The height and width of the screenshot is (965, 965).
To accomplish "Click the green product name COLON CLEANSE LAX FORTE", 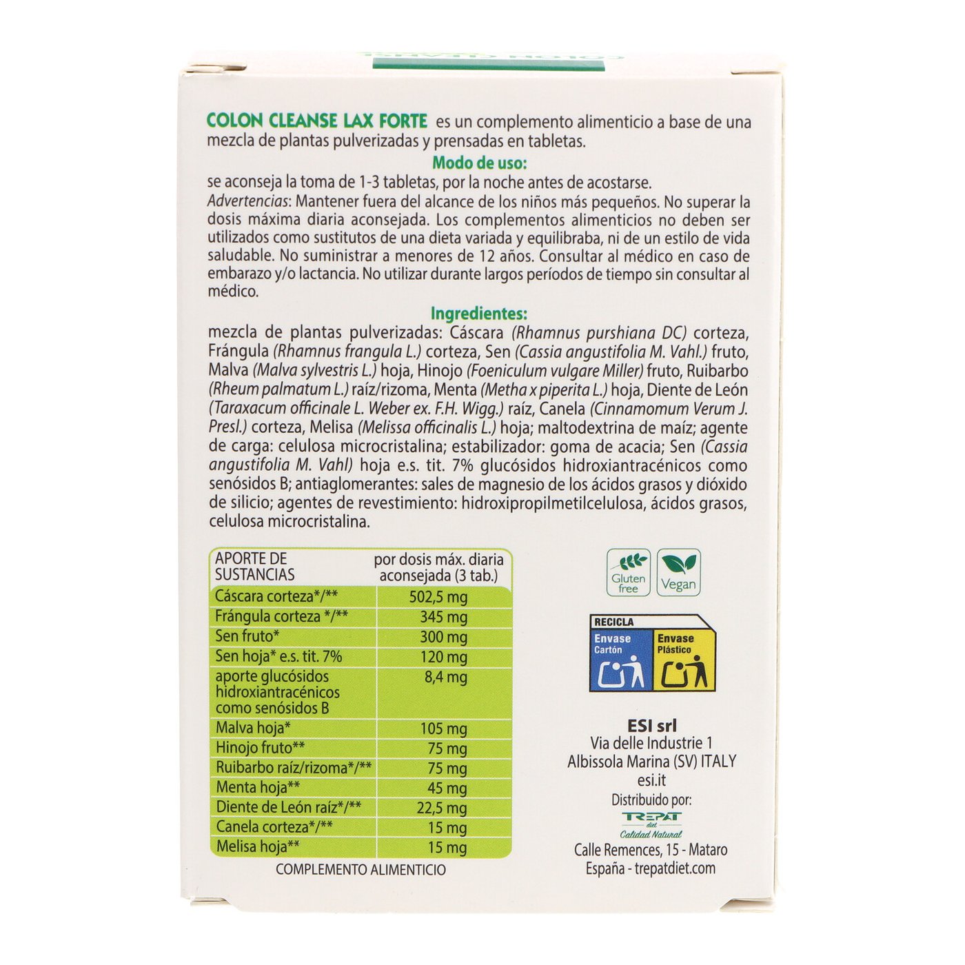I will coord(317,121).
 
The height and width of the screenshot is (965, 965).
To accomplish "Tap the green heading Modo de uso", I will coord(479,163).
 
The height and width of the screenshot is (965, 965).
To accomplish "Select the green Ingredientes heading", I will coord(478,314).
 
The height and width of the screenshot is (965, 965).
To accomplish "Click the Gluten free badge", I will coord(628,572).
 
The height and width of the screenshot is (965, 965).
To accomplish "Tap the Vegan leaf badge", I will coord(678,572).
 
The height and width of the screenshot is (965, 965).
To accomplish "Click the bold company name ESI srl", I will coord(652,725).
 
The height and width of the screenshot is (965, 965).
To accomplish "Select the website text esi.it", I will coord(651,780).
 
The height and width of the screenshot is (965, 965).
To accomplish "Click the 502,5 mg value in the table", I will coord(438,597).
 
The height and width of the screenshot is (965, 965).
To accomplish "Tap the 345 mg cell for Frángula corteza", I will coord(443,617).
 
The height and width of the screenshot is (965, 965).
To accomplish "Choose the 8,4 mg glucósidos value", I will coord(445,677).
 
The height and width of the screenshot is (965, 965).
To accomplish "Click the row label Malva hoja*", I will coord(253,728).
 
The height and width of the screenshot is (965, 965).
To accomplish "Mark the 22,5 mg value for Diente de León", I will coord(441,808).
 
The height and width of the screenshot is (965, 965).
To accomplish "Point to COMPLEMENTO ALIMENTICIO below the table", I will coord(360,870).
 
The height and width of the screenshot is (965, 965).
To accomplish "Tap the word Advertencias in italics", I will coord(248,202).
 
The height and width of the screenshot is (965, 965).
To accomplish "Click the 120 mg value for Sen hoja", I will coord(443,657).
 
